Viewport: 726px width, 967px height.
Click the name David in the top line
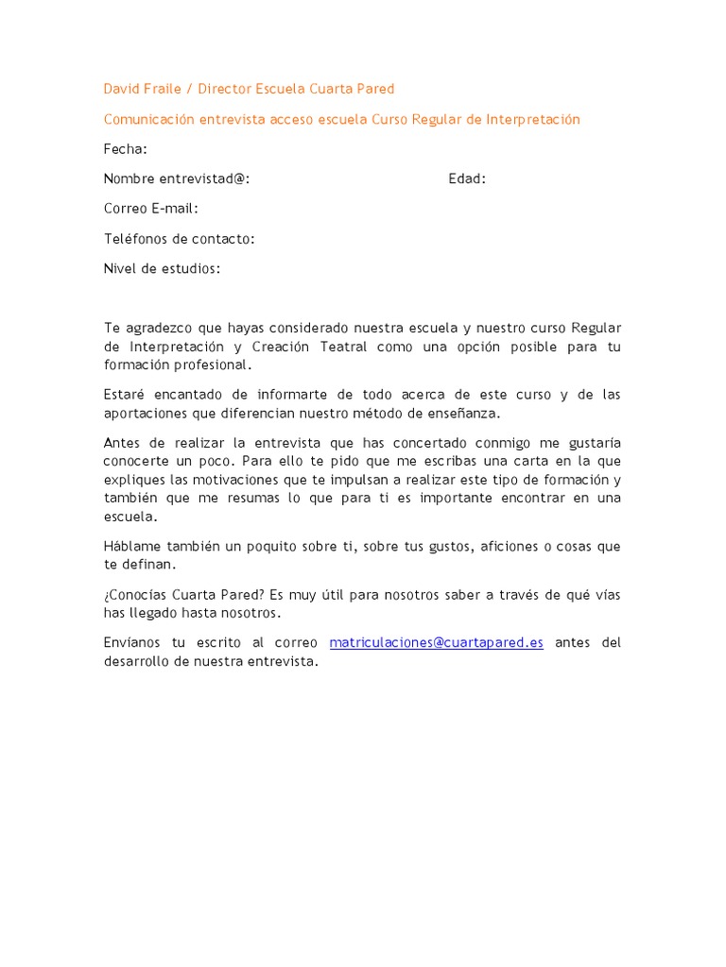pos(120,89)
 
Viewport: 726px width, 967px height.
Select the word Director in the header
pos(223,89)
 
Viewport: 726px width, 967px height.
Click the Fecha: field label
pos(125,149)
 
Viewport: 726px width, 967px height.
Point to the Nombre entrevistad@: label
pos(177,178)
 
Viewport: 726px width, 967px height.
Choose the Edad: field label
pos(467,178)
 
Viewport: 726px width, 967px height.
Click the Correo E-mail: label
pos(151,209)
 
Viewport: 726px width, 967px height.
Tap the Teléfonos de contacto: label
pos(179,239)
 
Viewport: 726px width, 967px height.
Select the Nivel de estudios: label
pos(162,269)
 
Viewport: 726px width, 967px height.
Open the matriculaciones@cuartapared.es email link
pos(436,643)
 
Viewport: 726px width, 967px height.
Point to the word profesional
pos(216,365)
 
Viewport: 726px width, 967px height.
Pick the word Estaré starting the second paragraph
pos(125,394)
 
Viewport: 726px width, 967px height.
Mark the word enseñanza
pos(462,413)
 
